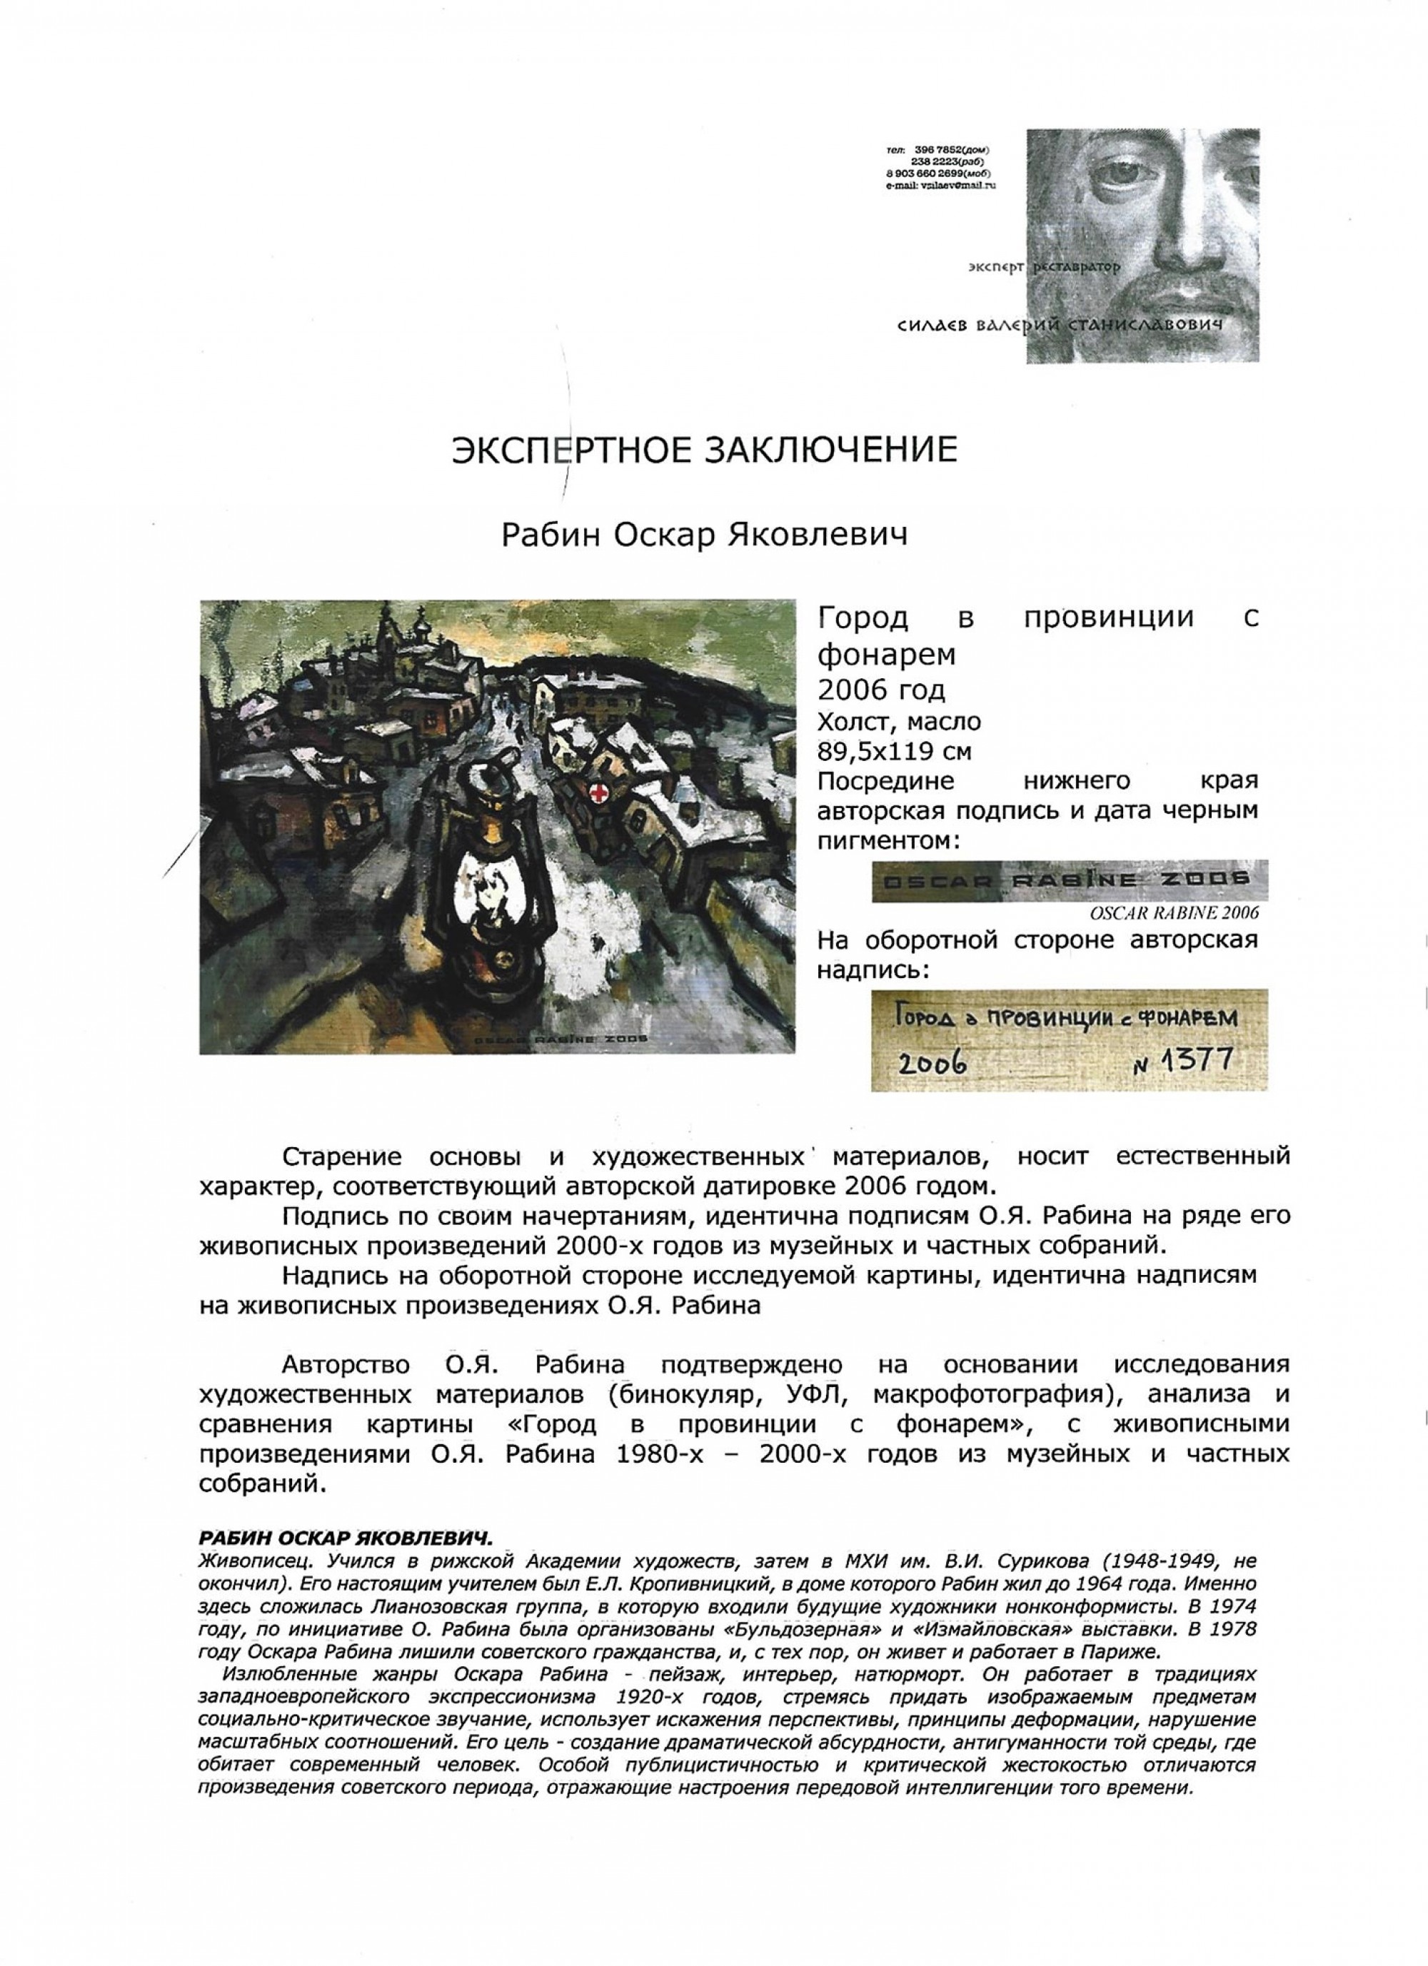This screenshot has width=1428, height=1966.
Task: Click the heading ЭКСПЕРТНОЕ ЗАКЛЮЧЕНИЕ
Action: [704, 450]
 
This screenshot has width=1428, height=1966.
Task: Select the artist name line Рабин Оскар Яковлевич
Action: [704, 535]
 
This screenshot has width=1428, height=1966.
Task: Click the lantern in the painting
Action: [492, 884]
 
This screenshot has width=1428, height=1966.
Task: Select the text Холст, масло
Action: [899, 720]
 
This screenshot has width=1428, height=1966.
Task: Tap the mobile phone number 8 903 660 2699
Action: [929, 174]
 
